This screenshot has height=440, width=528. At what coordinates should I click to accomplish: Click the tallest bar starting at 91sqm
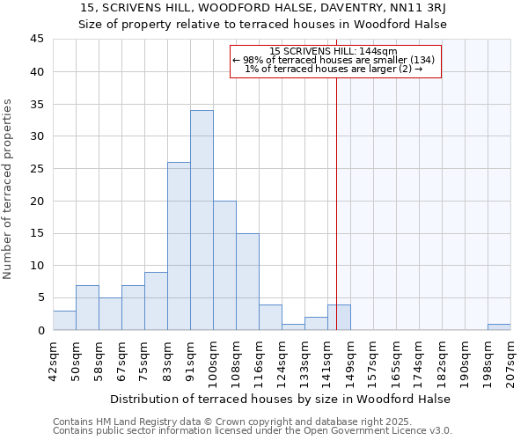coord(202,220)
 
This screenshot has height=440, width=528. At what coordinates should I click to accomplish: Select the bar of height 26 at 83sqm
coord(179,246)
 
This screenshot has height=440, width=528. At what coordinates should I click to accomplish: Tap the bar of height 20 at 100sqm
coord(224,265)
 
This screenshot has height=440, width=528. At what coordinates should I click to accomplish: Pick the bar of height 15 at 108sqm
coord(247,282)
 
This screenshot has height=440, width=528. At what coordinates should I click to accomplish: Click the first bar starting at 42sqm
coord(64,320)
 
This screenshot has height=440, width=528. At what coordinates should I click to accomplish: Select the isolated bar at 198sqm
coord(499,326)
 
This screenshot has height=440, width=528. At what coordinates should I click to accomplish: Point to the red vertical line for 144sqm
coord(336,176)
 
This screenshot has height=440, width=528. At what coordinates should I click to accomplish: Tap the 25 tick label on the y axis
coord(36,169)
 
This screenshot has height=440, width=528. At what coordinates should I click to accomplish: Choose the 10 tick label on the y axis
coord(36,266)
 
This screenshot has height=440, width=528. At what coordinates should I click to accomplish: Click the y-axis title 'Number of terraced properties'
coord(9,188)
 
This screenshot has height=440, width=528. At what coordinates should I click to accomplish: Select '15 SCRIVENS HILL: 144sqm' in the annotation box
coord(334,52)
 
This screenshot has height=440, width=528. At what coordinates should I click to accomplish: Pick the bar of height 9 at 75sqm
coord(156,301)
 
